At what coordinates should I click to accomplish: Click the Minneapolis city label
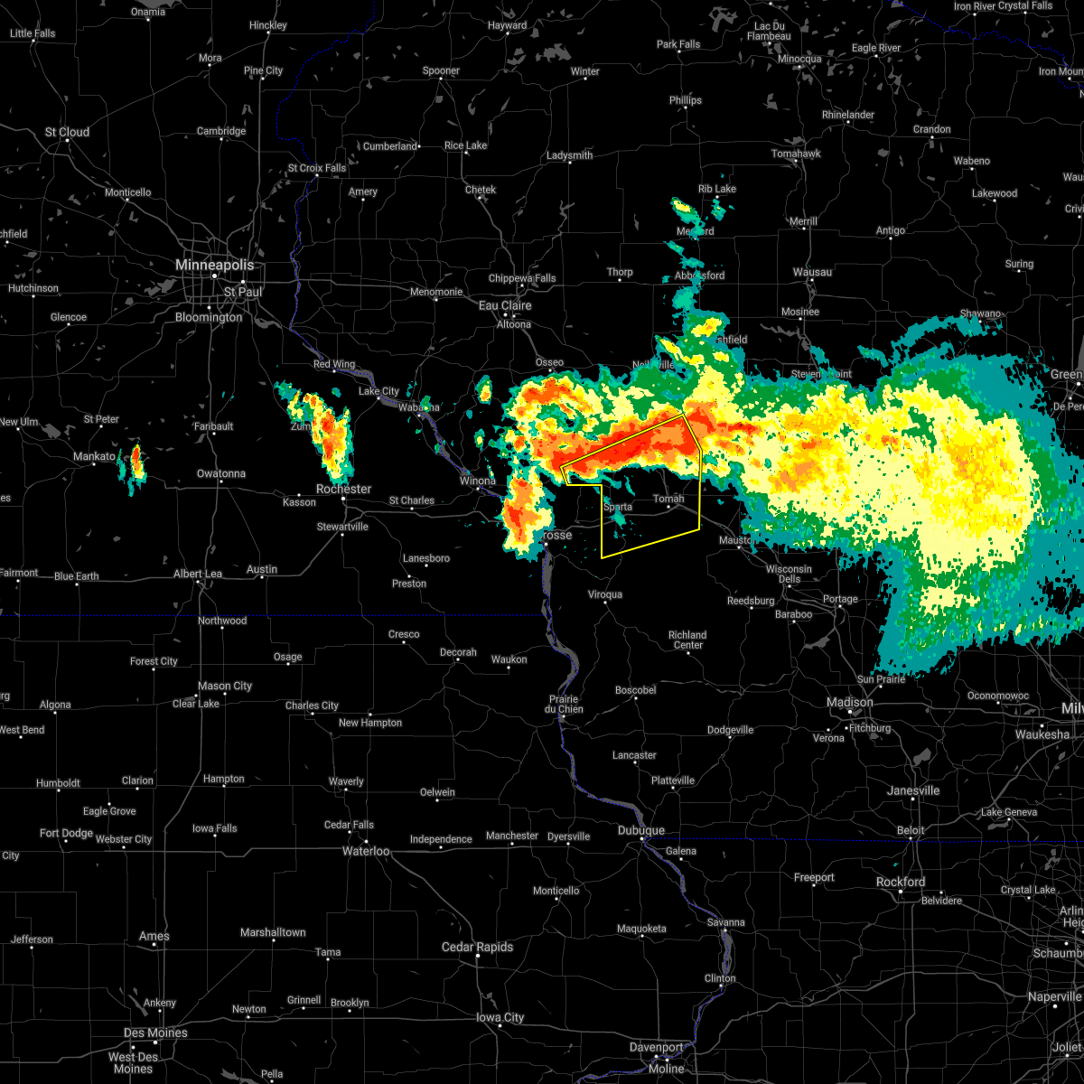[214, 265]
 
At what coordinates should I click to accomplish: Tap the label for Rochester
[343, 489]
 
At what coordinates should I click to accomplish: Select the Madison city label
[849, 702]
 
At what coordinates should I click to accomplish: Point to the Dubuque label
[640, 830]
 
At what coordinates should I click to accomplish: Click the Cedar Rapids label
[477, 947]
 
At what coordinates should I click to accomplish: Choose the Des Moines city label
[155, 1033]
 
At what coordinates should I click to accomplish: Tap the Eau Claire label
[505, 305]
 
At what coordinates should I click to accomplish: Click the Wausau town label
[812, 272]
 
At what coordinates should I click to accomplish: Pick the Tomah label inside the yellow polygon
[668, 499]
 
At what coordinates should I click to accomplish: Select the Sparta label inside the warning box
[618, 507]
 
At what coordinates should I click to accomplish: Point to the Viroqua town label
[605, 594]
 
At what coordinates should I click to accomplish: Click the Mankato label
[94, 457]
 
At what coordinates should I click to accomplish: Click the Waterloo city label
[365, 851]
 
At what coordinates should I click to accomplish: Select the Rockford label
[901, 882]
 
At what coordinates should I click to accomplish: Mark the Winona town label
[478, 481]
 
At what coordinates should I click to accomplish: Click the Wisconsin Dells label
[789, 575]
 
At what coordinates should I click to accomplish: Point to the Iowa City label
[500, 1017]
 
